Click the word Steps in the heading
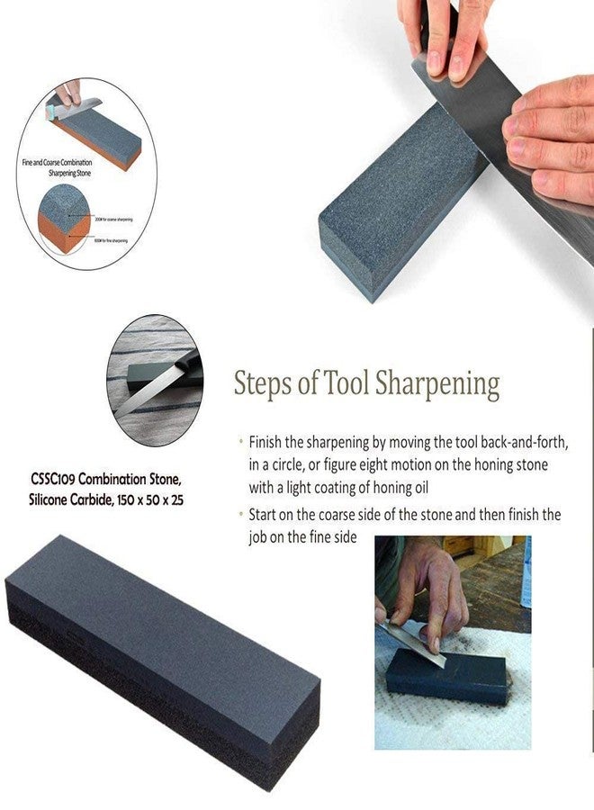[x=262, y=383]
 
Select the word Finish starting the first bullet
[x=268, y=443]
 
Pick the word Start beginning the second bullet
[x=265, y=516]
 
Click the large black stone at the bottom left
[x=162, y=657]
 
